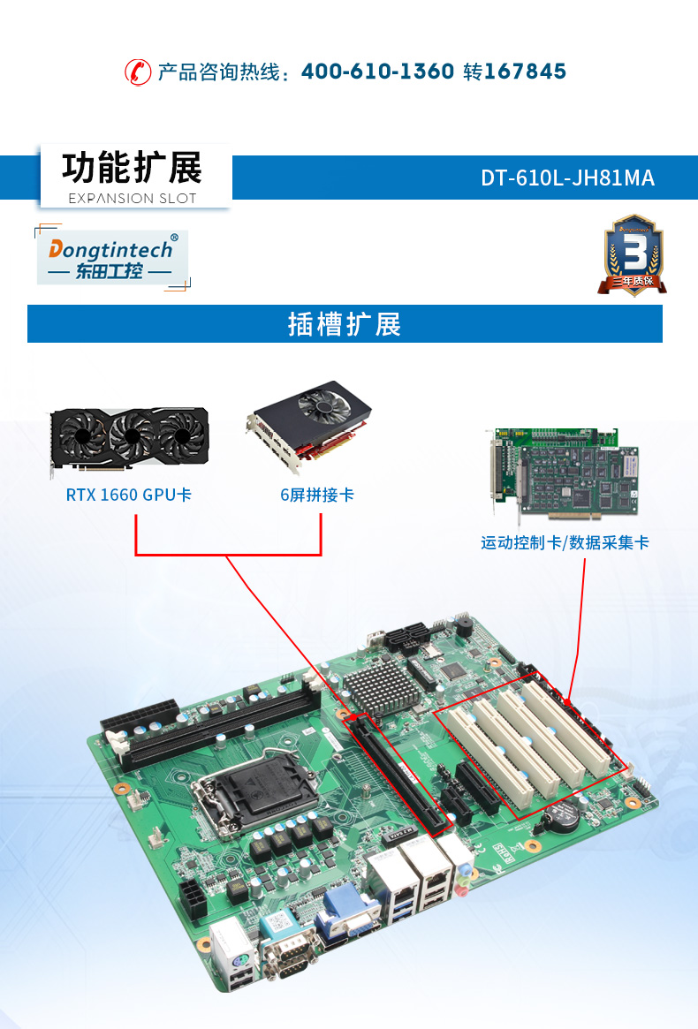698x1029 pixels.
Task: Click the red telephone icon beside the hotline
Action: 137,72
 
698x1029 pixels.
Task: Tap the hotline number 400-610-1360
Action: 377,72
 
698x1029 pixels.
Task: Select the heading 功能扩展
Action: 133,168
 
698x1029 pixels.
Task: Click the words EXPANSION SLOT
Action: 133,198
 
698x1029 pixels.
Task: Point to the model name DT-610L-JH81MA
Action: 567,178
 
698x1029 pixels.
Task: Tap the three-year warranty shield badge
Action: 634,253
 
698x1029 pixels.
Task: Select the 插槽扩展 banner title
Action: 345,324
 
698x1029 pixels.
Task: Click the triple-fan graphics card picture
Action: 129,437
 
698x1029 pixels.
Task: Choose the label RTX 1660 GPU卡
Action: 129,495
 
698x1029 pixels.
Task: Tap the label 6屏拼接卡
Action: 317,495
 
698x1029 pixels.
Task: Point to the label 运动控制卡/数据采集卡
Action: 565,542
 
